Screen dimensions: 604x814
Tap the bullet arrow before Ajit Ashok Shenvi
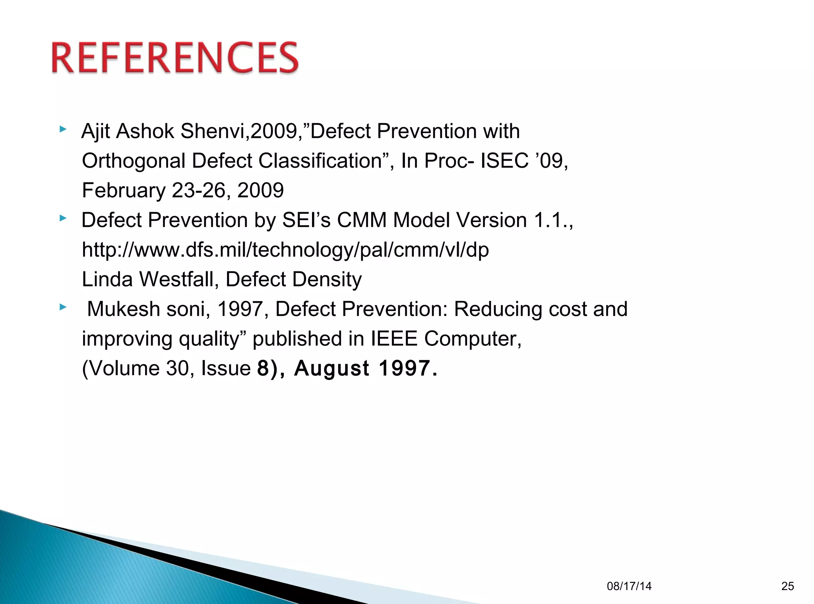63,129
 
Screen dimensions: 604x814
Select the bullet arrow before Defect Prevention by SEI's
63,218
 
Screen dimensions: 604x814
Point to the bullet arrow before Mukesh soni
63,307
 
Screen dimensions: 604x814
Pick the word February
123,190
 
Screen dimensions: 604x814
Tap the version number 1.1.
548,220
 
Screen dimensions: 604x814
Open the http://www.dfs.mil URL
285,250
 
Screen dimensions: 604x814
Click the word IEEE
393,339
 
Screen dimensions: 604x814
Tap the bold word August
332,368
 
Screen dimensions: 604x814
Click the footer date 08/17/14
629,586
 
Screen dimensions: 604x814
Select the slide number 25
787,586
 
